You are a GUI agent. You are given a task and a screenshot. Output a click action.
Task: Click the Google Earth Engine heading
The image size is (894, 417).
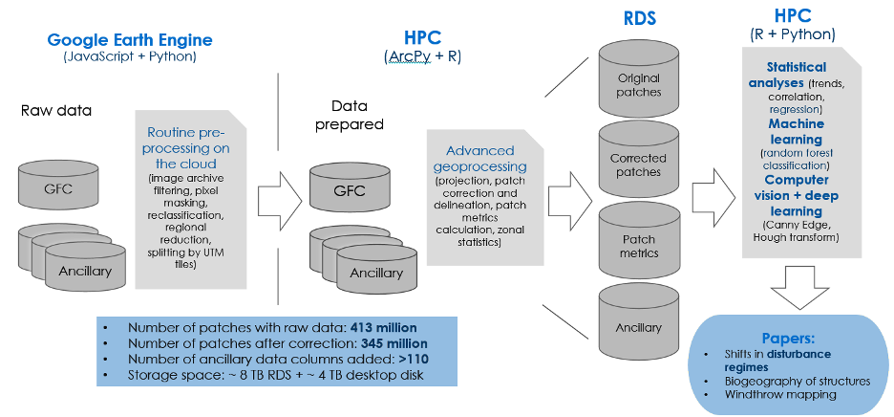(130, 40)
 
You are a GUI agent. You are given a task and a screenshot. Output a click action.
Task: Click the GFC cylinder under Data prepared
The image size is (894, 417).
(349, 190)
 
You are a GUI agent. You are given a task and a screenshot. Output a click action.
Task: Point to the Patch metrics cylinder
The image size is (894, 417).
(639, 246)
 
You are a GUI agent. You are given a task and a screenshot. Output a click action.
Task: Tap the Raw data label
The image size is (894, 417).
(56, 110)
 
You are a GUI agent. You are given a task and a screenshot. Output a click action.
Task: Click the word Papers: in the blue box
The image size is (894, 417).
(788, 338)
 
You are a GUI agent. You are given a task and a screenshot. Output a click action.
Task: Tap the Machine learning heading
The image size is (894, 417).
(796, 131)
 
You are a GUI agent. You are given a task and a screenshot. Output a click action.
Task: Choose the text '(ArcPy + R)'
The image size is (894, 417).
(420, 57)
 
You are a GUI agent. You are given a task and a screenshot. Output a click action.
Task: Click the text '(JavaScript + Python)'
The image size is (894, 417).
(129, 56)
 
